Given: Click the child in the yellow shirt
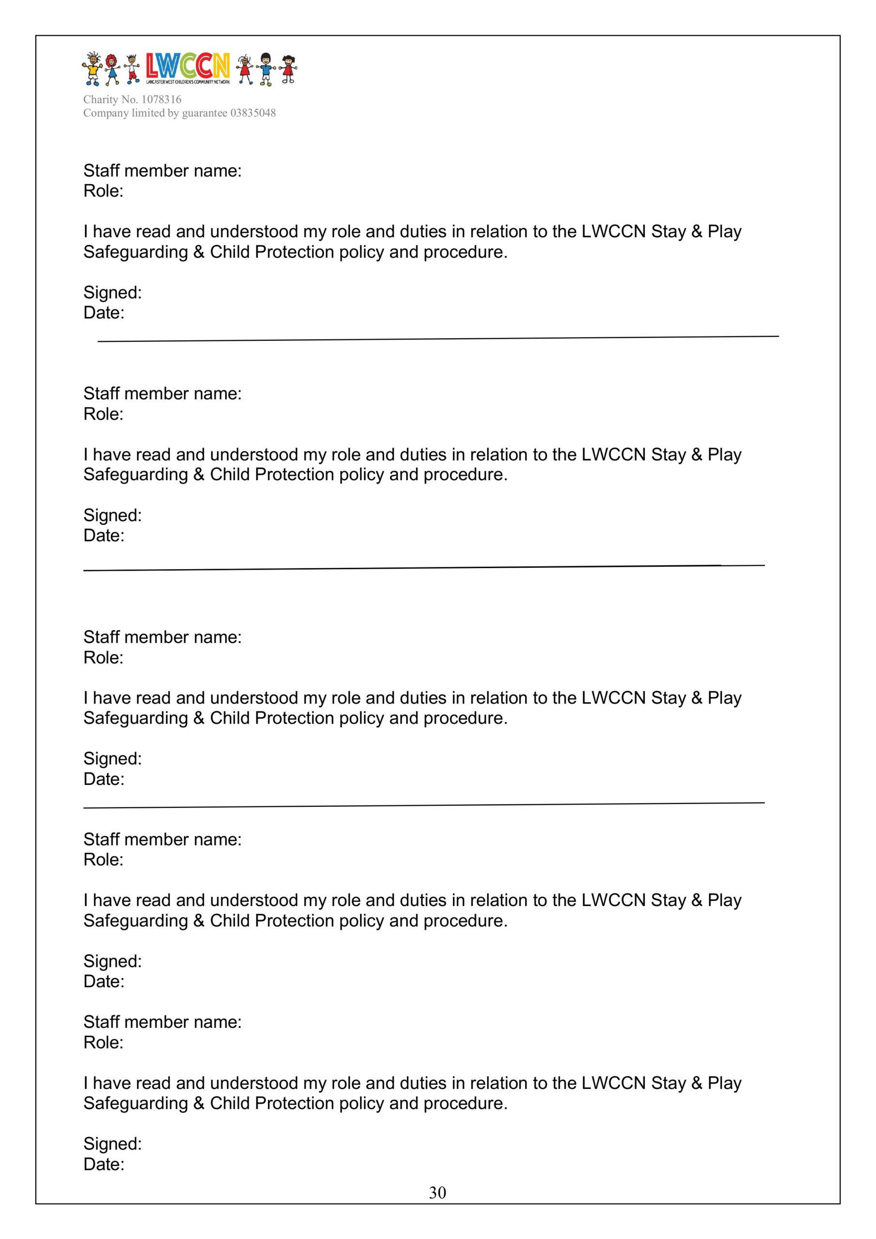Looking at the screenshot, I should (x=92, y=69).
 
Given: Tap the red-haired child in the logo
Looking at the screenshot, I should (x=112, y=69).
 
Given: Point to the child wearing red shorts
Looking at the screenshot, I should (x=131, y=70).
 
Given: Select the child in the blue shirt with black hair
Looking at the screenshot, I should (x=266, y=69).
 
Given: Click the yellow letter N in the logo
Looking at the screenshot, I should (x=220, y=66).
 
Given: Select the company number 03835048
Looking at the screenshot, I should (x=253, y=113).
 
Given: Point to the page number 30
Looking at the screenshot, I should (x=437, y=1192).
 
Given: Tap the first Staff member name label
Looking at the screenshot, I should (x=163, y=170).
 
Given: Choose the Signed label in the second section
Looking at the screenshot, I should (x=112, y=515).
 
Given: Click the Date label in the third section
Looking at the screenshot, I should (x=104, y=779).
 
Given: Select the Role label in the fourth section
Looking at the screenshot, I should (x=103, y=860).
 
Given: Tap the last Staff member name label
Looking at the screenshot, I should (x=163, y=1022).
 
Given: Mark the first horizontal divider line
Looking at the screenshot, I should (x=438, y=339).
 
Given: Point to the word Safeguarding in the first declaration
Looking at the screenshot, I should (x=135, y=252).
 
